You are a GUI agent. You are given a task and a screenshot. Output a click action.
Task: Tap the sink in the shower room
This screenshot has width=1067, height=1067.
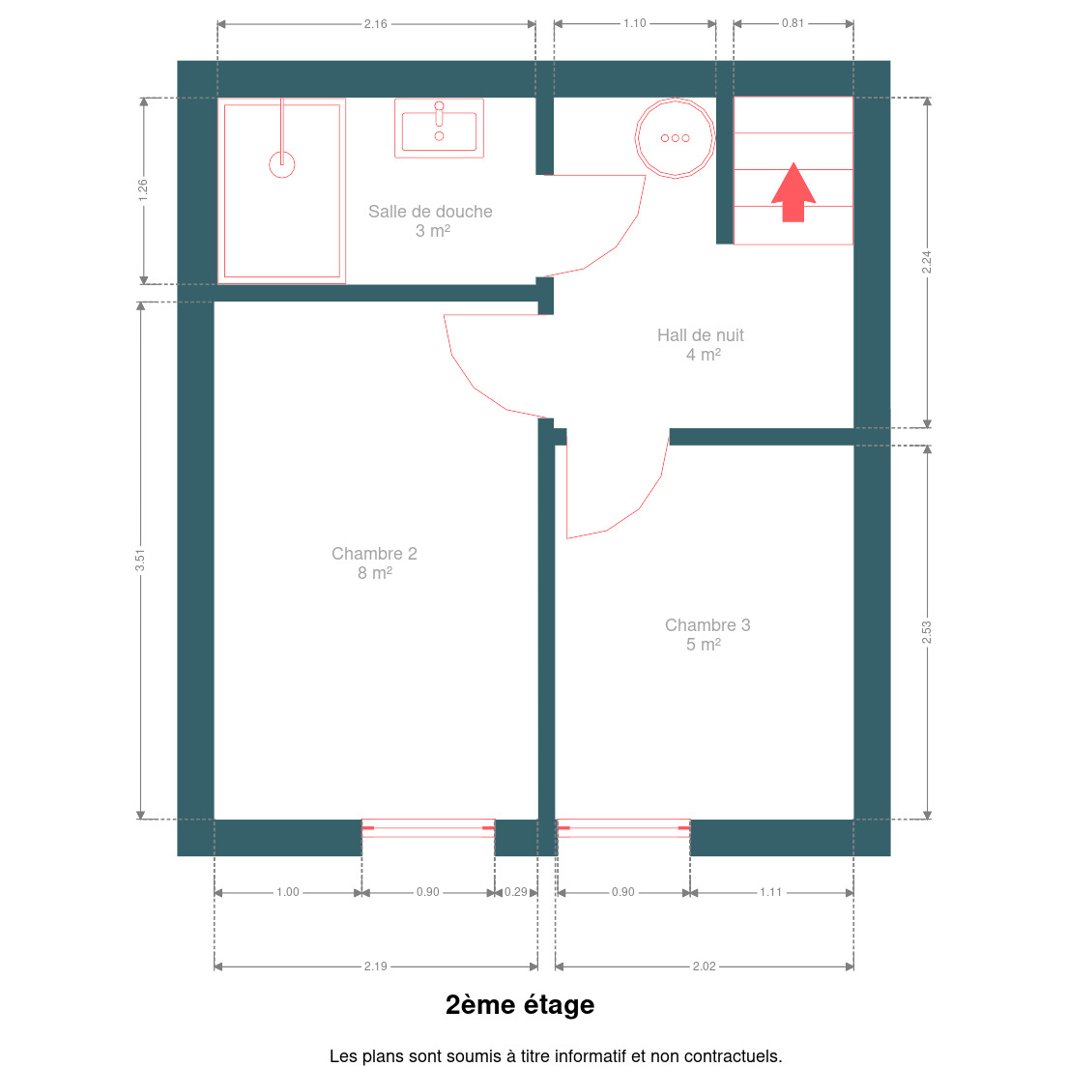click(x=439, y=128)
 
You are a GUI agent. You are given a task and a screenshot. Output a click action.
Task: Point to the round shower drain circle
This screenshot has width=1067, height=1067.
click(x=281, y=164)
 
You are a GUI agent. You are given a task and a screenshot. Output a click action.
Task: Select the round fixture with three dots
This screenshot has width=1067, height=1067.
click(x=675, y=138)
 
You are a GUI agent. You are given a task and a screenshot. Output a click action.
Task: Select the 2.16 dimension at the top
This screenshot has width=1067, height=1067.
click(x=376, y=24)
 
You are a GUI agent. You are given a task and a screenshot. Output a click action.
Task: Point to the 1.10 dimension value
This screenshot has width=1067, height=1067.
click(x=635, y=23)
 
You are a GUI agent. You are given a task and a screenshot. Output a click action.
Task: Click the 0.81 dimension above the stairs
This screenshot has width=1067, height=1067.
click(x=793, y=23)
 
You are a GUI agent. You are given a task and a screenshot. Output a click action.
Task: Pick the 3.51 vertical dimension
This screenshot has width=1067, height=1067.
click(x=140, y=560)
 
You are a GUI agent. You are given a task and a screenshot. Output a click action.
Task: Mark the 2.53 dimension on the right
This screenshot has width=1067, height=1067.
click(x=927, y=632)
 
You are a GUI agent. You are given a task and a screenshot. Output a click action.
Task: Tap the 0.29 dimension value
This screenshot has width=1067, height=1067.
click(x=516, y=892)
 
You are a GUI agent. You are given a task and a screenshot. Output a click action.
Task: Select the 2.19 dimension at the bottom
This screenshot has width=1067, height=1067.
click(x=376, y=966)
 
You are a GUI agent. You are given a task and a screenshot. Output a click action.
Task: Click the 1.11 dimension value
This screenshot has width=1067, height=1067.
click(x=771, y=892)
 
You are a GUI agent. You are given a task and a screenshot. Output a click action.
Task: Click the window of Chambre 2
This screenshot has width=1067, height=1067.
click(x=428, y=828)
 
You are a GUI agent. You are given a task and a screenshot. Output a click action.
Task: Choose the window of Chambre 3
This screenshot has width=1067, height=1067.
click(x=623, y=828)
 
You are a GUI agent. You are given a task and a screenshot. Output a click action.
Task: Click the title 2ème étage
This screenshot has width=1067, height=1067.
click(x=520, y=1005)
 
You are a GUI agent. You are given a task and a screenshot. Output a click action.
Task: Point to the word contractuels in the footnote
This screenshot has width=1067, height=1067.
click(x=733, y=1056)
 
